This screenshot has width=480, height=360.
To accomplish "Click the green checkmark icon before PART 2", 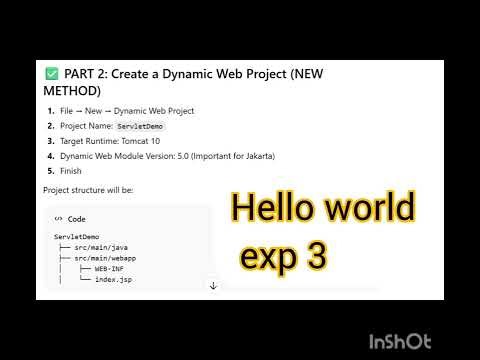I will (x=51, y=74).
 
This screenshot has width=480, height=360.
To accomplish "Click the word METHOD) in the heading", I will (x=73, y=90).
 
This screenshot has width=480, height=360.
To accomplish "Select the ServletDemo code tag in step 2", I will (x=140, y=127).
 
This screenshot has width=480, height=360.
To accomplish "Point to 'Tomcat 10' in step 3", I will (x=152, y=142).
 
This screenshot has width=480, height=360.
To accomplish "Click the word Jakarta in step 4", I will (x=255, y=156).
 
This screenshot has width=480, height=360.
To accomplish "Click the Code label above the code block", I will (x=76, y=218).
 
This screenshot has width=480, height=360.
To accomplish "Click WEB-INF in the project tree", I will (x=110, y=268).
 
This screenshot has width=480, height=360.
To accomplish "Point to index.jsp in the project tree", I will (x=112, y=279).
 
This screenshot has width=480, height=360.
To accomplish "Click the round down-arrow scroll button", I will (x=213, y=286).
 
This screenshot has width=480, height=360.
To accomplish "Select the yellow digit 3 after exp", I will (x=317, y=257).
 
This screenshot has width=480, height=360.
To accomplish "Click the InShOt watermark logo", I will (x=400, y=341).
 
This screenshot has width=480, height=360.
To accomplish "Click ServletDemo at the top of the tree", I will (x=77, y=236).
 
